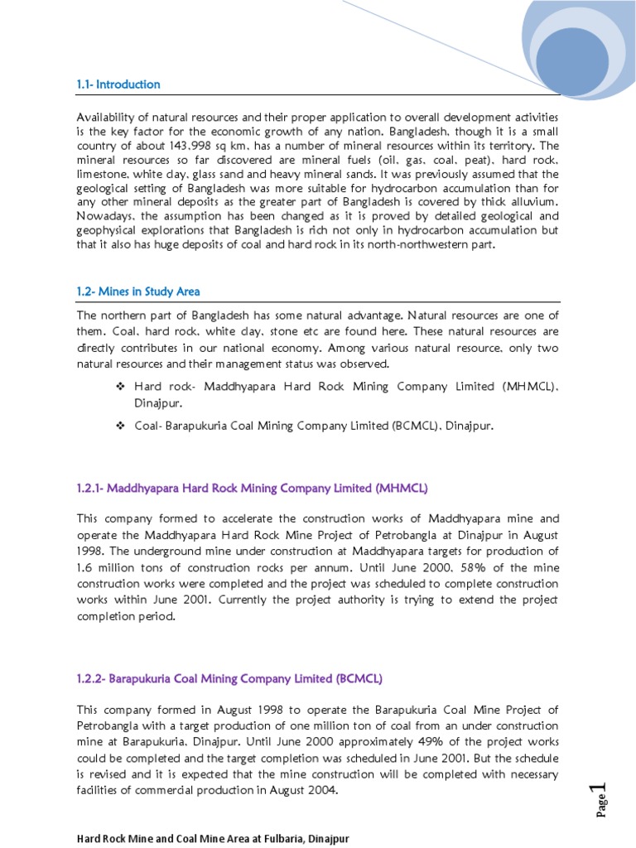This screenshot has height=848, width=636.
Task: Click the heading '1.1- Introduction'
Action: tap(118, 84)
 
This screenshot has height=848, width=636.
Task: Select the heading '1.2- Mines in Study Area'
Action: tap(138, 291)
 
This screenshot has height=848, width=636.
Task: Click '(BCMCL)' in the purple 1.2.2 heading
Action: tap(359, 679)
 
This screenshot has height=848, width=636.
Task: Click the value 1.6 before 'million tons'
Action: tap(87, 566)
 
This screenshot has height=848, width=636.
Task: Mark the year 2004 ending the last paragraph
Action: tap(323, 790)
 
